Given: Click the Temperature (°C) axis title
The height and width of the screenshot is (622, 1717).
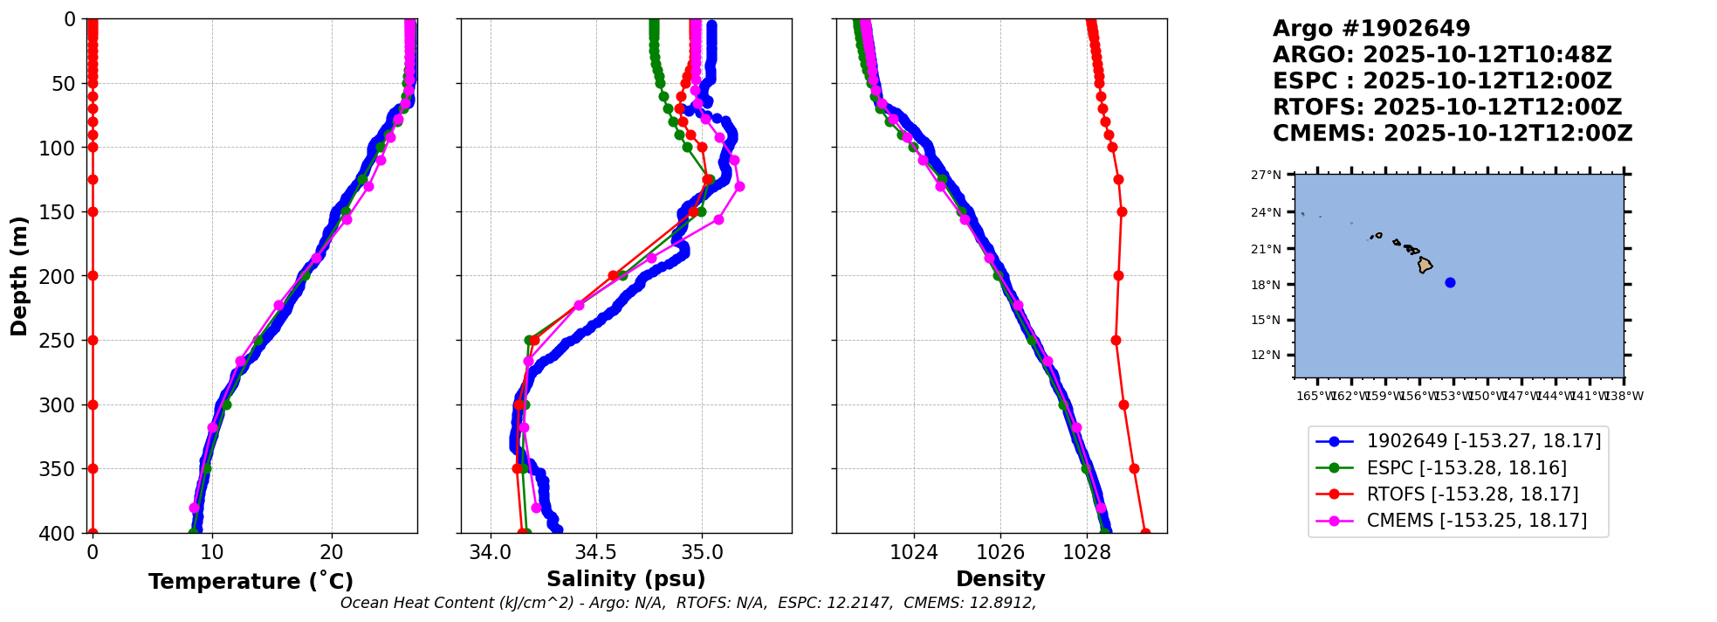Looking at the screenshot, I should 251,582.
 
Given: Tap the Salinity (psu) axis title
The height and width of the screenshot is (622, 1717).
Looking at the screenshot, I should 626,579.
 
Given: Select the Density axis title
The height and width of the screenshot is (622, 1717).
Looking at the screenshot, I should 1000,579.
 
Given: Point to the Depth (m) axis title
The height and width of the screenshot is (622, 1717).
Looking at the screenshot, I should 19,275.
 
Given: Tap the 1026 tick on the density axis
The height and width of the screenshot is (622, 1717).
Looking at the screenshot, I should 1000,553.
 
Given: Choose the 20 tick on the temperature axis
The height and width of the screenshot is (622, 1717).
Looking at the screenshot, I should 331,553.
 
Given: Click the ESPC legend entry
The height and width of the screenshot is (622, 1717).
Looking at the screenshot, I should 1466,468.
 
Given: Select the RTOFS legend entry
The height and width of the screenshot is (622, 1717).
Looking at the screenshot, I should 1472,494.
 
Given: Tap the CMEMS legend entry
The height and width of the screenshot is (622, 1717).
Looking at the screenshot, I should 1476,521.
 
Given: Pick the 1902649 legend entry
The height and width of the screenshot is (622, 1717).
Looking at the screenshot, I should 1483,442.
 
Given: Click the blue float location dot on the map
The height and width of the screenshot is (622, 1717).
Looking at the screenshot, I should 1450,282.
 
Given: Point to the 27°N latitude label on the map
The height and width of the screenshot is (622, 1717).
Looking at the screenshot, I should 1267,176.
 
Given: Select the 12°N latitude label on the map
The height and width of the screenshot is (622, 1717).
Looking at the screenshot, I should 1267,356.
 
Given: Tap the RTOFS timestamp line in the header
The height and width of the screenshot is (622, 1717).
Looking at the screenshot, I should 1447,107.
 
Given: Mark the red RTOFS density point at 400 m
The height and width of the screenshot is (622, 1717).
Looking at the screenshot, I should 1144,532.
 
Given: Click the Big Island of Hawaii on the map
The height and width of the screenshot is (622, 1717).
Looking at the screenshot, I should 1425,265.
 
